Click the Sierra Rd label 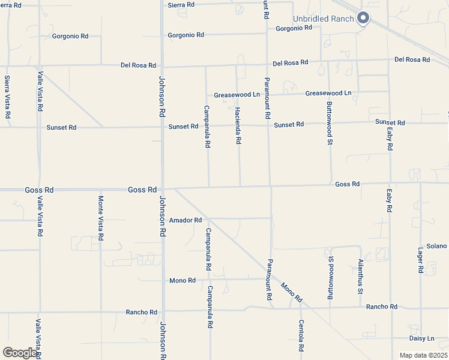tap(181, 5)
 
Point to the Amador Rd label tap(185, 220)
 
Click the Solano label tap(436, 246)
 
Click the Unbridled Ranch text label tap(323, 19)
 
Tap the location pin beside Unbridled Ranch tap(363, 19)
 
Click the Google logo tap(20, 353)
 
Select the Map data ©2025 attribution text tap(423, 355)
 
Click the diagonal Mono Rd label tap(292, 292)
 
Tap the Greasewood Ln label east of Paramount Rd tap(328, 93)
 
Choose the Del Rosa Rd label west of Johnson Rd tap(138, 65)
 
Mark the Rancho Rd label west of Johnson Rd tap(141, 312)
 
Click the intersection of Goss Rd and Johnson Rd tap(162, 189)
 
